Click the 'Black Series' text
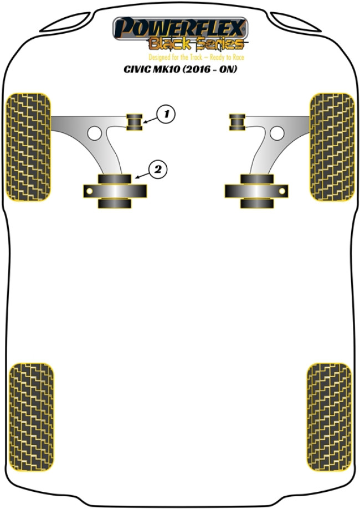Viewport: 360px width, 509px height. tap(197, 43)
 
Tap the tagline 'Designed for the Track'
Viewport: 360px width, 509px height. tap(176, 58)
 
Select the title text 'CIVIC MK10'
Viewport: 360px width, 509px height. tap(152, 69)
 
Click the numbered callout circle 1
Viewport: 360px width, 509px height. tap(166, 114)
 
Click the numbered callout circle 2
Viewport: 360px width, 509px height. tap(158, 169)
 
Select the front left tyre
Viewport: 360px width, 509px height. tap(28, 147)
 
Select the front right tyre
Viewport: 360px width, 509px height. tap(332, 147)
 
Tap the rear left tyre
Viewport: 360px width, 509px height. tap(31, 417)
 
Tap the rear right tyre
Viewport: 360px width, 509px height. tap(329, 417)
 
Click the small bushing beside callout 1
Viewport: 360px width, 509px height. tap(134, 122)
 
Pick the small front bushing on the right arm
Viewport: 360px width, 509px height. tap(237, 122)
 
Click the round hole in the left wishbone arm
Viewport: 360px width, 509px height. tap(95, 133)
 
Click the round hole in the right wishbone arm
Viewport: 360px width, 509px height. tap(277, 133)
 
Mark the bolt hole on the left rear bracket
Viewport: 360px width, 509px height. tap(90, 191)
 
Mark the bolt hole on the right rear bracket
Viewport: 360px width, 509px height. tap(282, 191)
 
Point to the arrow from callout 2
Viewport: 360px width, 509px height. tap(142, 176)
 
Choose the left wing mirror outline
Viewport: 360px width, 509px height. tap(65, 22)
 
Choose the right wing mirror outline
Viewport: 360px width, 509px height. tap(296, 22)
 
